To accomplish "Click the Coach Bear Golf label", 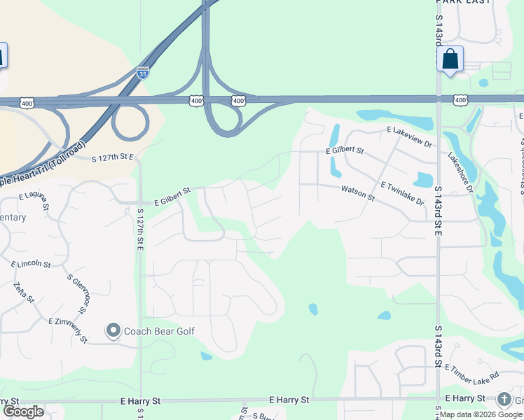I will click(x=159, y=331).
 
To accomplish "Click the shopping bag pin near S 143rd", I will click(x=450, y=59).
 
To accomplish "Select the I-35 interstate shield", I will click(x=143, y=73).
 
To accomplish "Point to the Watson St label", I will click(x=358, y=192).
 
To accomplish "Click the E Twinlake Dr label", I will click(x=403, y=194).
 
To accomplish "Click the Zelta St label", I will click(x=24, y=293).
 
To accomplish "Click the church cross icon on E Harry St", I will click(x=504, y=399).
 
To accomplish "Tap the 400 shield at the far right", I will click(x=460, y=101).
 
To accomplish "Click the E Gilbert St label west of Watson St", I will click(x=168, y=191).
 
